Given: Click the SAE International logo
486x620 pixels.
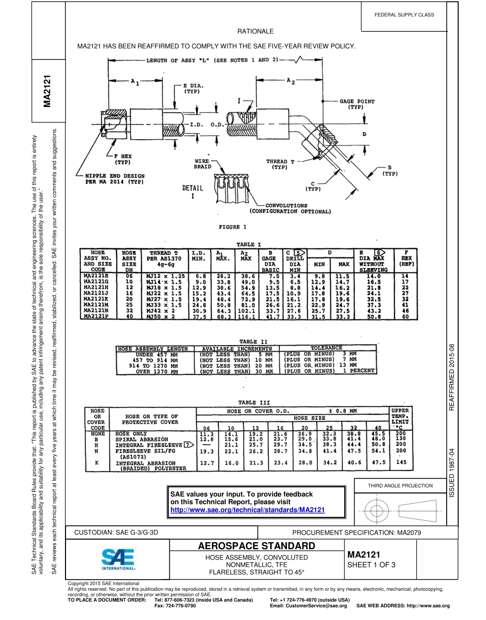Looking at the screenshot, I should click(x=118, y=560).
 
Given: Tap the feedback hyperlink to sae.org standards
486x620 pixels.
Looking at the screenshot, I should click(x=248, y=510).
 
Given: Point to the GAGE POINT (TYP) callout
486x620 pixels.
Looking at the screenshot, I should click(x=357, y=104).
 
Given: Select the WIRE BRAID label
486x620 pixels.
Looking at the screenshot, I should click(x=202, y=164).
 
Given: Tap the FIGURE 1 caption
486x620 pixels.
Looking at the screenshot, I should click(x=233, y=227).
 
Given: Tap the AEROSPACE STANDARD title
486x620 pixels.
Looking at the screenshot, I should click(x=256, y=545).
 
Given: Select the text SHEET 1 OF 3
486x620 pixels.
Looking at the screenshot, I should click(x=372, y=565).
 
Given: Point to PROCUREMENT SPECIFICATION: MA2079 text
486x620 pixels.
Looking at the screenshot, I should click(x=356, y=532).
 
